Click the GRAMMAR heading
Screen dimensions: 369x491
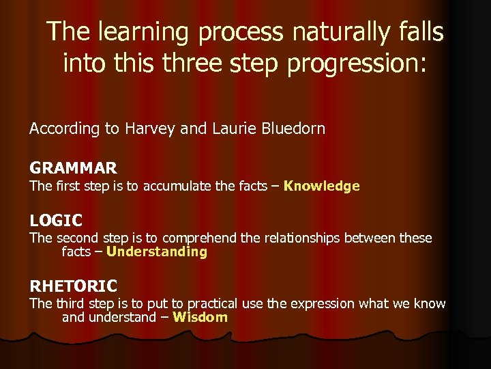point(73,167)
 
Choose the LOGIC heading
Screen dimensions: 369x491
point(56,221)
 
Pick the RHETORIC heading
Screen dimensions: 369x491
point(73,286)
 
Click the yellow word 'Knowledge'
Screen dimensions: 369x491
point(321,186)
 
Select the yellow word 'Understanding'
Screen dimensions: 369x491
point(157,251)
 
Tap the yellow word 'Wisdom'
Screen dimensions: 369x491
point(200,317)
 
